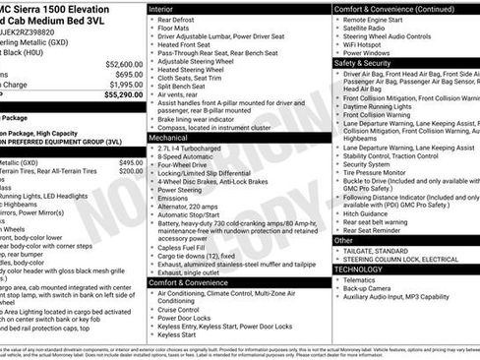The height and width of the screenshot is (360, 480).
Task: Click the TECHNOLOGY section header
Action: (x=358, y=268)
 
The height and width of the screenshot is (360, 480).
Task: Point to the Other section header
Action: (x=343, y=239)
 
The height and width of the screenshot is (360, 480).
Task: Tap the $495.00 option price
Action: (x=130, y=162)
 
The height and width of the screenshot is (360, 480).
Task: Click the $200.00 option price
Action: (x=130, y=171)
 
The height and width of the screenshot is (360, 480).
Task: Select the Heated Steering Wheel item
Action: (x=194, y=70)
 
